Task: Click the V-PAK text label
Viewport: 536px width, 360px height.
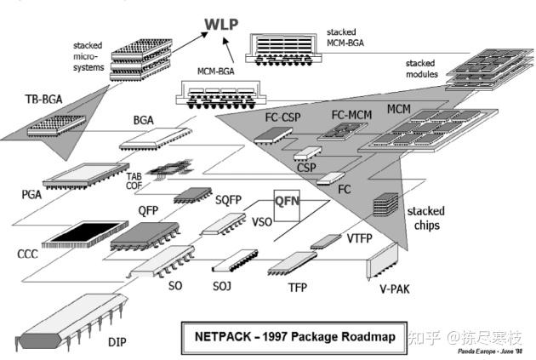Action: tap(394, 289)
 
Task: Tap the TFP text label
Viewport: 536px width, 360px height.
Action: tap(297, 288)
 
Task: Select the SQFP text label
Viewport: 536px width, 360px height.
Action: tap(229, 199)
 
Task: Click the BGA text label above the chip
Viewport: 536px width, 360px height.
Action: tap(143, 121)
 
